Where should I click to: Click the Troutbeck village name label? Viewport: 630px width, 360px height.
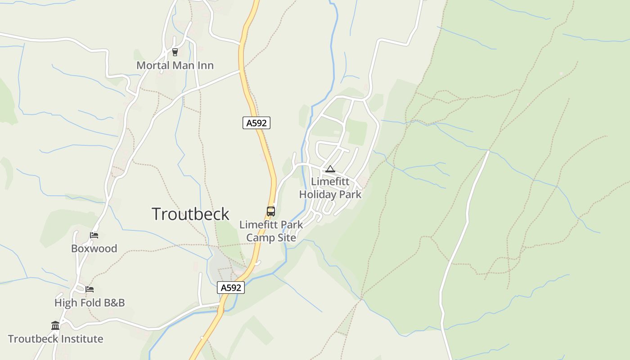[x=190, y=214]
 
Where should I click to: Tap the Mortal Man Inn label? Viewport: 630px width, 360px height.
[x=175, y=65]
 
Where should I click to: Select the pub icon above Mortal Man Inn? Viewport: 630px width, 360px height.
[x=175, y=52]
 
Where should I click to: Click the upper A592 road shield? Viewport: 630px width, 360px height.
[x=256, y=123]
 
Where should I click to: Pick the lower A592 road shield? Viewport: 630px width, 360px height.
[x=231, y=288]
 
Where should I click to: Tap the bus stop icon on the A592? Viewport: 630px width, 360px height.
[x=271, y=211]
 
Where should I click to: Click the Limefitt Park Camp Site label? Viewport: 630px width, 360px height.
[x=271, y=231]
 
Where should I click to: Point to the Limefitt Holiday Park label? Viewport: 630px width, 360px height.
[x=330, y=188]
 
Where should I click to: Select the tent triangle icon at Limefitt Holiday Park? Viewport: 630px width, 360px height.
[x=330, y=169]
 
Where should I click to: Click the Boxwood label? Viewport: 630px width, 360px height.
[x=94, y=248]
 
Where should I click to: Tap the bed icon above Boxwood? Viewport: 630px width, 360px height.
[x=94, y=235]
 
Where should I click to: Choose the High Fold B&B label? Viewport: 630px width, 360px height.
[x=90, y=303]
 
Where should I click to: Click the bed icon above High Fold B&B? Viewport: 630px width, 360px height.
[x=90, y=289]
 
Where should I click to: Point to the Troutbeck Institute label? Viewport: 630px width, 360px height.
[x=55, y=339]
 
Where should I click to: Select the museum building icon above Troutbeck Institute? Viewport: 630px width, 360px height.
[x=55, y=325]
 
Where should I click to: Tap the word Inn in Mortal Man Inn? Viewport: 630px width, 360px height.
[x=205, y=65]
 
